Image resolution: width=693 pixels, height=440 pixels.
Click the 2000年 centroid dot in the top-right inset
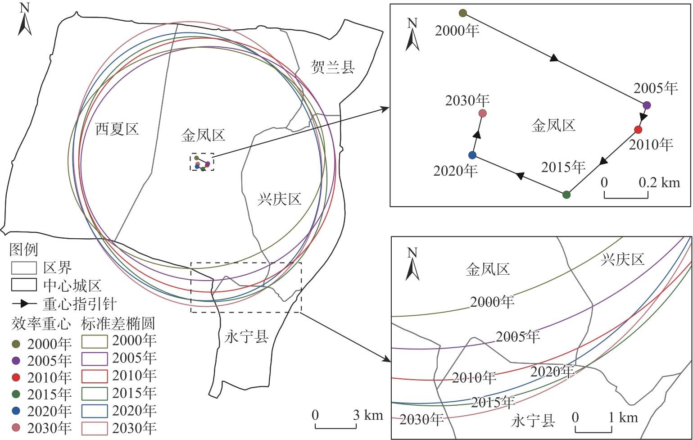463,13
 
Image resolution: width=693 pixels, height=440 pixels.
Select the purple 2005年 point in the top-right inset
647,105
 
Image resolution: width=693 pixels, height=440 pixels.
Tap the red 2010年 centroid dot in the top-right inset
638,130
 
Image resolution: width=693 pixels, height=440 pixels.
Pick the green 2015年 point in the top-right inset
566,195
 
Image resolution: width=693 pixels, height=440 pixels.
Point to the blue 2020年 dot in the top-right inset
472,155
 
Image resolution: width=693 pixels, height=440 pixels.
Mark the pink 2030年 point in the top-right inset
482,113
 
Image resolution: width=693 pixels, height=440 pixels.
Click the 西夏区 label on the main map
117,129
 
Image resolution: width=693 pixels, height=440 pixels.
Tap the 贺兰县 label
333,67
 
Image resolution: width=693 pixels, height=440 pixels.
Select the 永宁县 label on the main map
246,337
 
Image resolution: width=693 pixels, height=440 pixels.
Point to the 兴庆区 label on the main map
279,199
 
